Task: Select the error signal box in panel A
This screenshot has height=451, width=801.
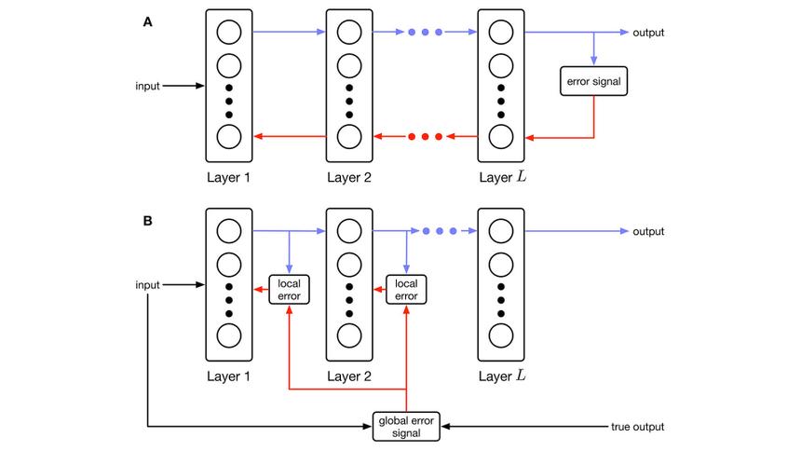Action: tap(593, 82)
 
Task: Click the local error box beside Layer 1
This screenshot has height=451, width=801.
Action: tap(289, 289)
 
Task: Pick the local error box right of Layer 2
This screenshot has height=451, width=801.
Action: tap(407, 289)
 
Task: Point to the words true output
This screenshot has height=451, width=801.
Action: tap(637, 427)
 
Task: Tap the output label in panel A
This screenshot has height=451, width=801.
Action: tap(649, 33)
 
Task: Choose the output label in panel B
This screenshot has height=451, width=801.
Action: tap(649, 232)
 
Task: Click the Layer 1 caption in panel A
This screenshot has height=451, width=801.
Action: tap(228, 176)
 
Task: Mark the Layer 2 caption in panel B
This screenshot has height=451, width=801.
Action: tap(349, 376)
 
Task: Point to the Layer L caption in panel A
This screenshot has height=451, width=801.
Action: tap(500, 176)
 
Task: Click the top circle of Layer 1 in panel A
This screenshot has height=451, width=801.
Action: tap(228, 34)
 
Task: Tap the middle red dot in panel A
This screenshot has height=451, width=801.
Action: tap(426, 137)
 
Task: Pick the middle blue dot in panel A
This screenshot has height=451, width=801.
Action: tap(426, 33)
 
